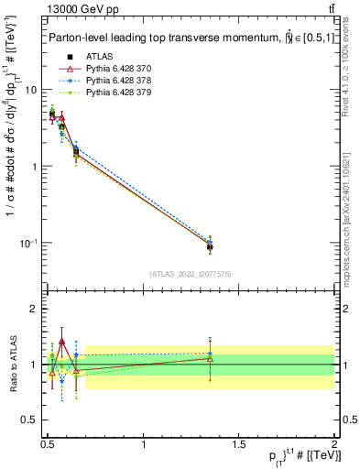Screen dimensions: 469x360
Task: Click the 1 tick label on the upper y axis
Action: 35,167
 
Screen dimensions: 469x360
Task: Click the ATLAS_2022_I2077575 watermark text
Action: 191,274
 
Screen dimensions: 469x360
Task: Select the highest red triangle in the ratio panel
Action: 62,341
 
